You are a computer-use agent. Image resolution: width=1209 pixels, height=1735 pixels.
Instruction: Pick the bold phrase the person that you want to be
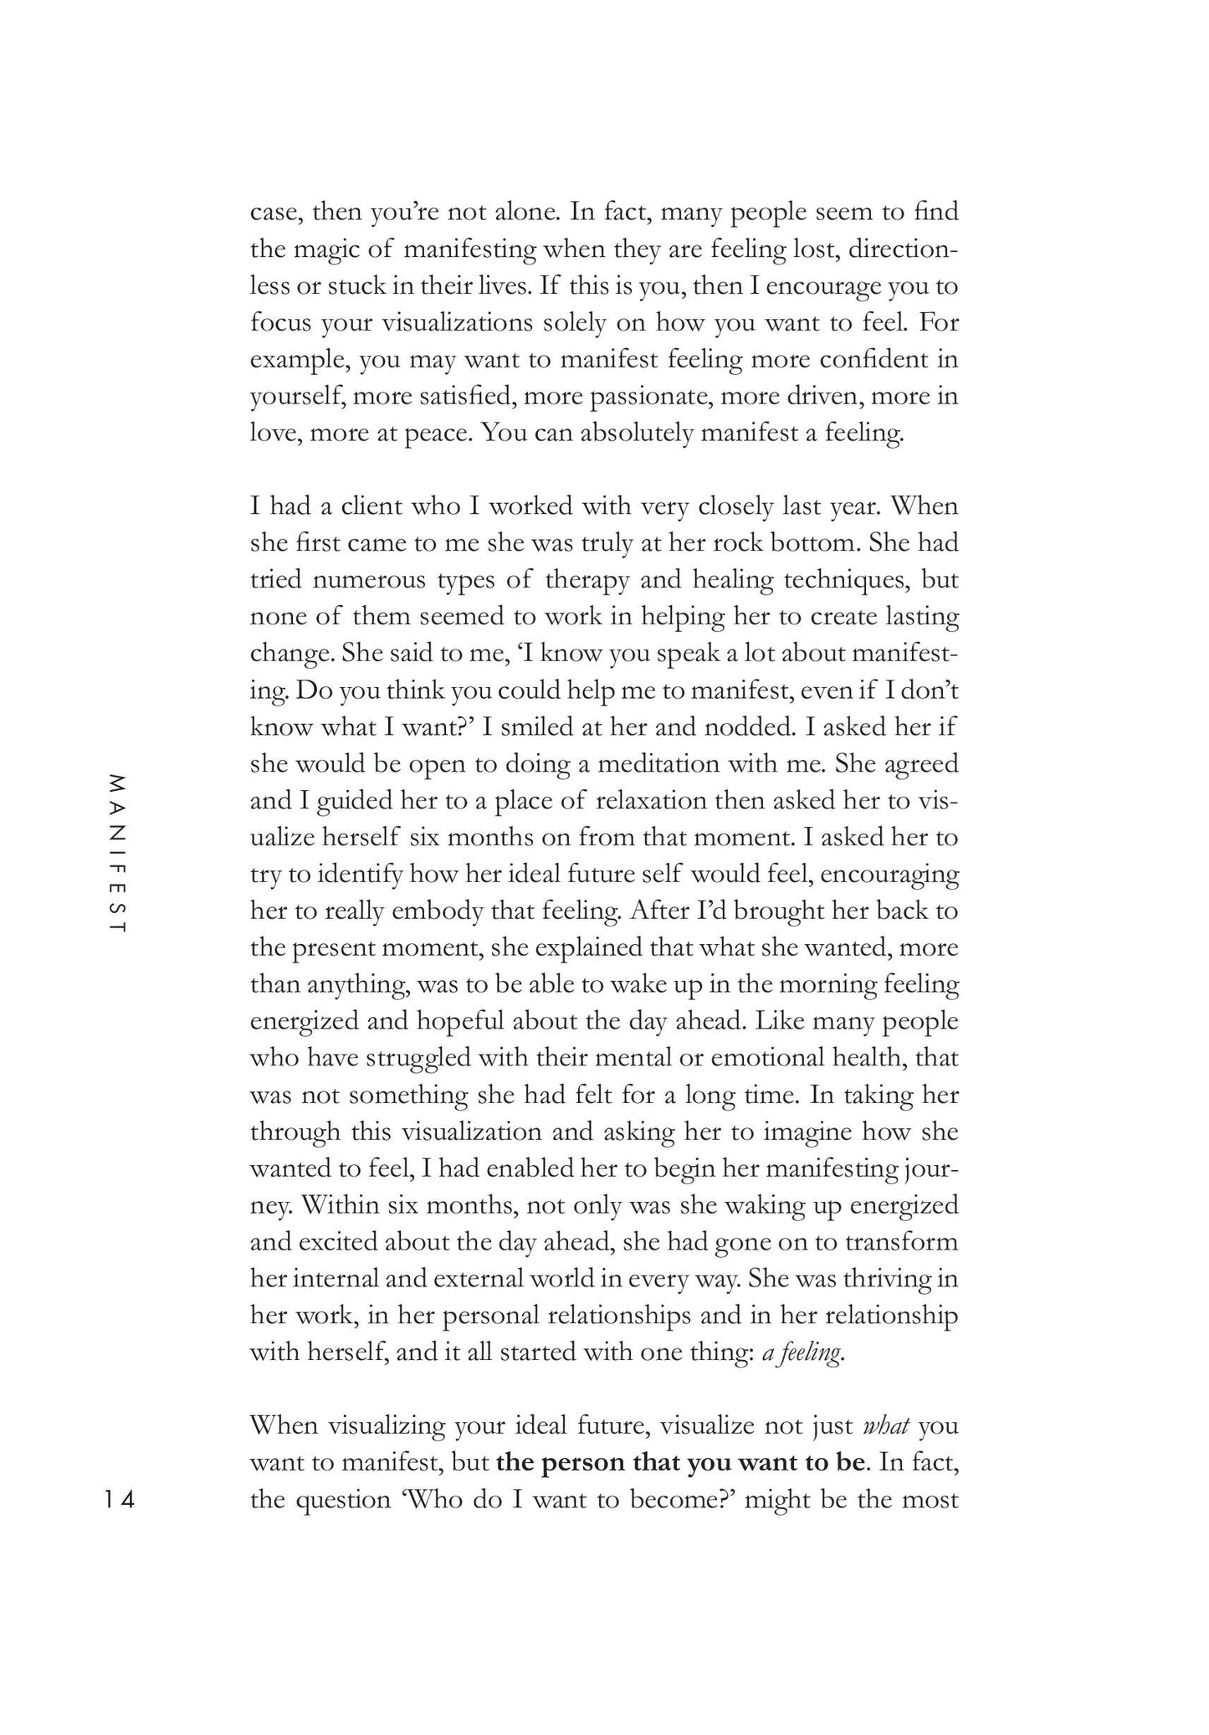[681, 1462]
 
